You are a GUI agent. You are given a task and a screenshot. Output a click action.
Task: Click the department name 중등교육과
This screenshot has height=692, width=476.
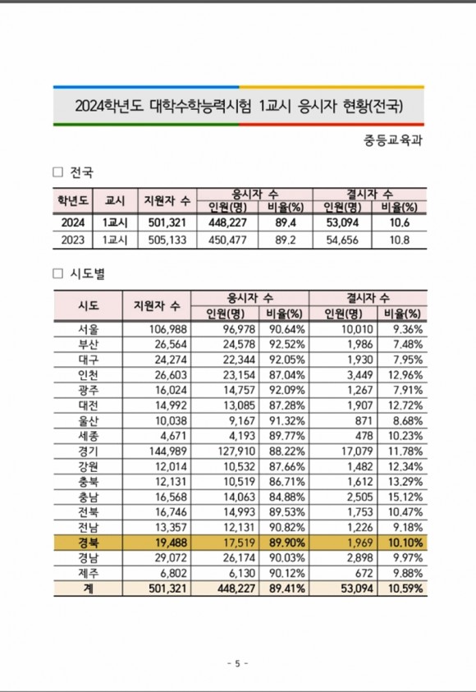(392, 140)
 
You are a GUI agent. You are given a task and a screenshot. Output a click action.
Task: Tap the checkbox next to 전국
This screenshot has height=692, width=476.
(57, 172)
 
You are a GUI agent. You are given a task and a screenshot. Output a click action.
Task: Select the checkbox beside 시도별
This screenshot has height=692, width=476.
(57, 273)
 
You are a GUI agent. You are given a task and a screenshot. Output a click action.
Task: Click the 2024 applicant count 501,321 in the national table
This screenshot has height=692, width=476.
(167, 222)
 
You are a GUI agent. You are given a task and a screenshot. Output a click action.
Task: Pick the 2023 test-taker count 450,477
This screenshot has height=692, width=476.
(227, 240)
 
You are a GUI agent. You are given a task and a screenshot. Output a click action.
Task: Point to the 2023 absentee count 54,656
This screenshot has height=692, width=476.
(342, 240)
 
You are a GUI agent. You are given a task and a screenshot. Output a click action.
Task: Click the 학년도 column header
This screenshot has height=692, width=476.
(73, 201)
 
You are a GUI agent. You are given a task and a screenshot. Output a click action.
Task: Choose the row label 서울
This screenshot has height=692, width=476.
(89, 329)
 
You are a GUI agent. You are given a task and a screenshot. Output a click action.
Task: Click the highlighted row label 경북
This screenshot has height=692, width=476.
(89, 543)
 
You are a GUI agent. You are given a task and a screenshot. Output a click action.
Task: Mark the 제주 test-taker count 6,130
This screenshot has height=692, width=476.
(242, 573)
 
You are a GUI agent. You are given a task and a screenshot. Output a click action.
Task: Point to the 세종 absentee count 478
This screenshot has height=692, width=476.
(364, 436)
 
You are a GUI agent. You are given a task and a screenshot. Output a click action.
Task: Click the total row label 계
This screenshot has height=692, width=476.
(89, 589)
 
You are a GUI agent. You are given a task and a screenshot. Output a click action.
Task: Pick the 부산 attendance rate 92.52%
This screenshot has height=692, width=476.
(287, 345)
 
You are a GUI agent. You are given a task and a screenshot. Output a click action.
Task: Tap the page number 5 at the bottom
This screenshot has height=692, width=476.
(237, 663)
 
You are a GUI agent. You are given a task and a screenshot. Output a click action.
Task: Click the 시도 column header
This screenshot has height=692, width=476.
(89, 305)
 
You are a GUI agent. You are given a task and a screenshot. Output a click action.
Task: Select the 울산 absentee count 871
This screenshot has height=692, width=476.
(364, 420)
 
